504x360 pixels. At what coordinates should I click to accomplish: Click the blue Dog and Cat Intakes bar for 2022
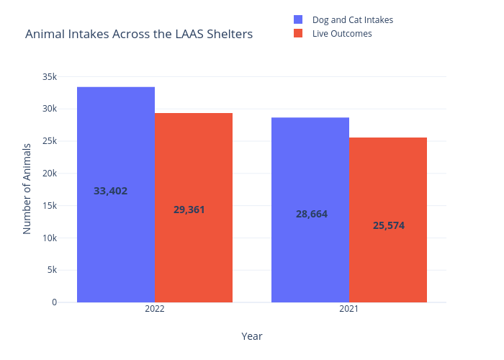(x=116, y=144)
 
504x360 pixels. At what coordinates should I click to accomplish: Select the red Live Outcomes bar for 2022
(x=194, y=166)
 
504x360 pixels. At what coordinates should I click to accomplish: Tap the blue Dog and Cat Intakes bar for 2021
(x=310, y=173)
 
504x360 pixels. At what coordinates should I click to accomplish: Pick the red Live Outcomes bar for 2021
(x=388, y=187)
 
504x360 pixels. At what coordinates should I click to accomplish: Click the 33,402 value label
(x=111, y=191)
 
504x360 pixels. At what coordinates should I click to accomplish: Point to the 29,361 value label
(x=189, y=210)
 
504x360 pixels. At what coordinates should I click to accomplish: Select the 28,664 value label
(x=312, y=214)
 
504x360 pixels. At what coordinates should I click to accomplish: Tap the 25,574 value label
(x=389, y=225)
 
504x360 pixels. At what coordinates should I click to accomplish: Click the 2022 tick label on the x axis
(x=155, y=309)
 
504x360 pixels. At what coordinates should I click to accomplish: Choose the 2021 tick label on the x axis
(x=349, y=309)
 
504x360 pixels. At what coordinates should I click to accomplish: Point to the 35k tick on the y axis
(x=50, y=77)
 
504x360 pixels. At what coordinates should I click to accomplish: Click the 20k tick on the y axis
(x=50, y=174)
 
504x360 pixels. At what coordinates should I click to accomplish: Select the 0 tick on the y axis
(x=54, y=302)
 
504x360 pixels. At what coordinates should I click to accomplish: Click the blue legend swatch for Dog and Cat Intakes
(x=298, y=19)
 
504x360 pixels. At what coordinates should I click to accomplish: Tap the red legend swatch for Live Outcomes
(x=298, y=34)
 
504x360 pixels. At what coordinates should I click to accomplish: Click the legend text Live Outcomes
(x=342, y=34)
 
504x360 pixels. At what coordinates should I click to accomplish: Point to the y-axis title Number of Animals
(x=27, y=189)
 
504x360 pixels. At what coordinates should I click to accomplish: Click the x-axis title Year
(x=252, y=336)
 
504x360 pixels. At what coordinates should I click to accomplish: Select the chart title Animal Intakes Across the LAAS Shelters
(x=139, y=34)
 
